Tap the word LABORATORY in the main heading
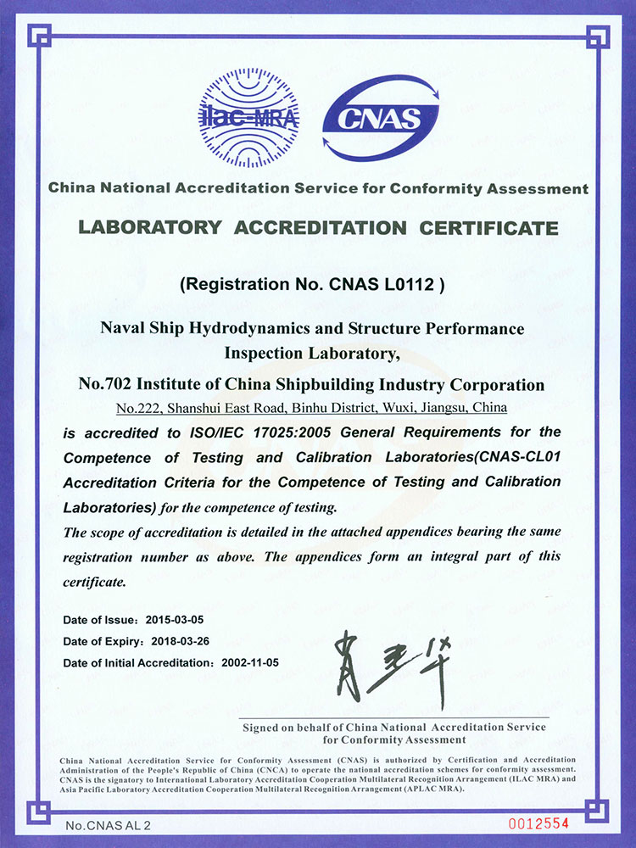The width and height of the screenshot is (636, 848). pos(150,228)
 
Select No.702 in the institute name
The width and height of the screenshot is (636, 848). pos(126,385)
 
